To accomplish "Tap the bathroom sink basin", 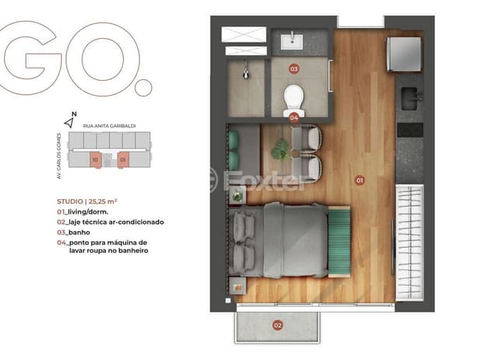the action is point(292,41).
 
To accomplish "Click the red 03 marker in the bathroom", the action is point(294,68).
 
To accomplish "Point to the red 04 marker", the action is point(294,117).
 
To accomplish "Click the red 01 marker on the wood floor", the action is point(359,180).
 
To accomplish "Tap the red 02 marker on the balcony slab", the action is point(278,325).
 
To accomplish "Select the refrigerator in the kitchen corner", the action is point(404,54).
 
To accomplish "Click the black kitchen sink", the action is point(412,99).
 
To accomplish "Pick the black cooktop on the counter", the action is point(410,130).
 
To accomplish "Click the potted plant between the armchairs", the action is point(280,150).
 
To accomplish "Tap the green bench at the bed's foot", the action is point(339,242).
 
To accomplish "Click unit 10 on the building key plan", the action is point(95,159).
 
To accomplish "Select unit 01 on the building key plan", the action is point(123,159).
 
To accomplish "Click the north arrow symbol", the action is point(69,122).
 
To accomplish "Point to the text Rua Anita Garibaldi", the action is point(109,126).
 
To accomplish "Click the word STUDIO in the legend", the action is point(70,201).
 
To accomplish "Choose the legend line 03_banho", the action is point(73,232).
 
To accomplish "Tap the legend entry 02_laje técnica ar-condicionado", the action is point(110,222).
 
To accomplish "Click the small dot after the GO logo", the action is point(143,88).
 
